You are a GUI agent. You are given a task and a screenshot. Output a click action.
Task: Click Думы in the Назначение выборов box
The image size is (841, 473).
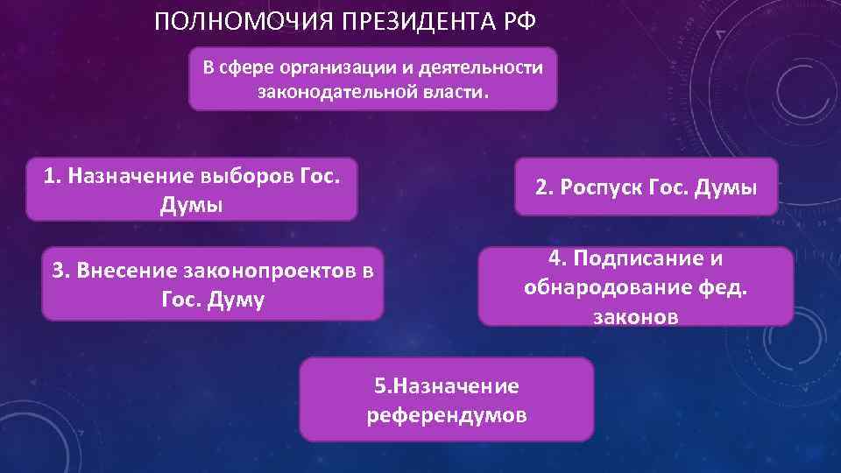coord(192,205)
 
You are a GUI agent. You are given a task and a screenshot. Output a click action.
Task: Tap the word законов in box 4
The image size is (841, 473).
coord(636,317)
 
